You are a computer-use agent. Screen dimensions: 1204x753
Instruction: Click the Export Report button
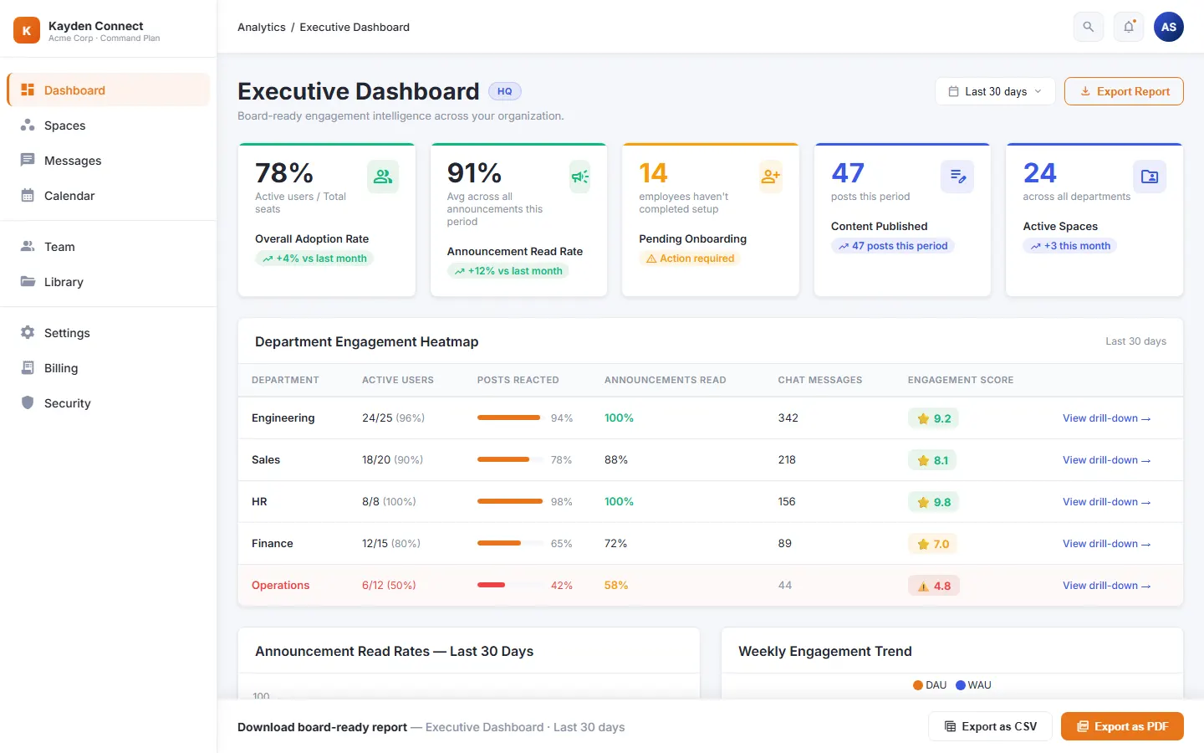1124,91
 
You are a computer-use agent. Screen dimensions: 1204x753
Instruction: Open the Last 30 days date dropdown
995,91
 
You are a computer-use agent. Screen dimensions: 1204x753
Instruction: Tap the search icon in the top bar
1088,27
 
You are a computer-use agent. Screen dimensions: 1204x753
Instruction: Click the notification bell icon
1128,27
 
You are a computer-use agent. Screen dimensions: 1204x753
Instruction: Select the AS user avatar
1169,27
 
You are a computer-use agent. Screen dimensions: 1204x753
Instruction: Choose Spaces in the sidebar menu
64,125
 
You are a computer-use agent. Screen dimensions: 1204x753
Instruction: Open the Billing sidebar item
61,368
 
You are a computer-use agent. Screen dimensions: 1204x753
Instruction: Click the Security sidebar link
67,403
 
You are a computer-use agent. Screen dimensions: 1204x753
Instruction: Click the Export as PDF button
1122,726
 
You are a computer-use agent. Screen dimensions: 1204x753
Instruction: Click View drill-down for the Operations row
1106,585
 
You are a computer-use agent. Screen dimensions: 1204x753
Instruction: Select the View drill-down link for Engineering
1106,418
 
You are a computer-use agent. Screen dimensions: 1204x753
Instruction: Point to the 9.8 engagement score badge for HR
934,502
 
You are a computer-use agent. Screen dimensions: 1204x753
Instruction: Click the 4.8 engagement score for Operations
934,586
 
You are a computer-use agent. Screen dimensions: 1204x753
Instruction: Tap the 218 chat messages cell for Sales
787,460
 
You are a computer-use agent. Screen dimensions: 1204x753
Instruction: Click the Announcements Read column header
665,380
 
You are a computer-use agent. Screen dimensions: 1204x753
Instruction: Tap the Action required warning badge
690,259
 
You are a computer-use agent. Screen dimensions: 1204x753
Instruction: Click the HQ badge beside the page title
504,91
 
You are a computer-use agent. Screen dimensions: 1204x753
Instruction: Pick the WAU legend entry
973,684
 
